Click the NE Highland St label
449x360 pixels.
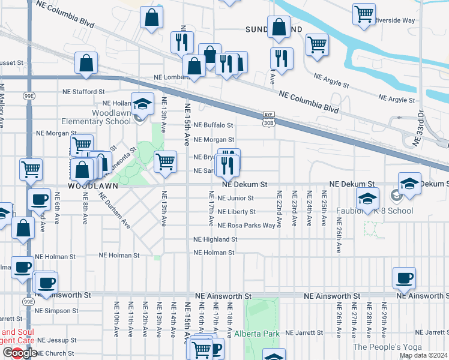coord(215,239)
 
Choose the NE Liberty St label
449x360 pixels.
coord(236,212)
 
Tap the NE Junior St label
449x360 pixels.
coord(235,198)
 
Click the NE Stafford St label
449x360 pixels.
coord(84,92)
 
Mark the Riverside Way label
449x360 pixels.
coord(394,20)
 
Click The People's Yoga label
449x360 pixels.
coord(385,347)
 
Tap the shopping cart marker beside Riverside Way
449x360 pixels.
coord(364,14)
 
